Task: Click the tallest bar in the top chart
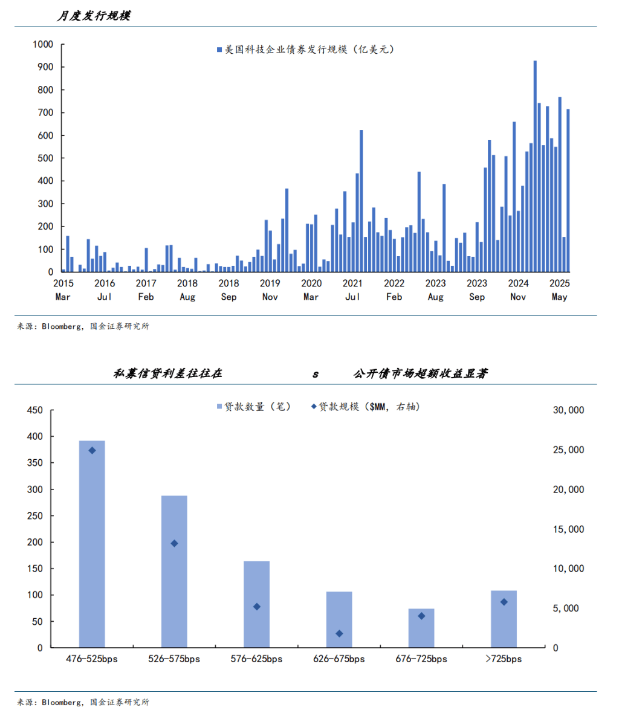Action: pos(535,166)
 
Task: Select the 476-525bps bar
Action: pos(92,544)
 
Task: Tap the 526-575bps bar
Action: pos(174,571)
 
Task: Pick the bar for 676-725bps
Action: pos(421,628)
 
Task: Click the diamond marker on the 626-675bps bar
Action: pos(339,633)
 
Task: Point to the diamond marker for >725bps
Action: pos(504,602)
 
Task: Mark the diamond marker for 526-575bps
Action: pos(174,543)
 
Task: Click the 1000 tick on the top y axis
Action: pos(43,44)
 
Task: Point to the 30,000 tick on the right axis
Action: pos(568,410)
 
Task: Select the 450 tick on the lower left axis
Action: pos(35,410)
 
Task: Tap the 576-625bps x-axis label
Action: pos(256,659)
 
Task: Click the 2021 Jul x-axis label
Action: pos(352,289)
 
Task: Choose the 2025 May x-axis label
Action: pos(559,289)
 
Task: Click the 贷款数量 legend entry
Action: pos(254,407)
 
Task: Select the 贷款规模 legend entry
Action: pos(365,407)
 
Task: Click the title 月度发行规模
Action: pos(93,16)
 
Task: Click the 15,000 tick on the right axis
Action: pos(568,529)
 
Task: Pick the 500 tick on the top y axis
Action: pos(45,158)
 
